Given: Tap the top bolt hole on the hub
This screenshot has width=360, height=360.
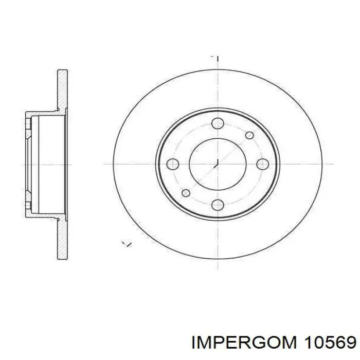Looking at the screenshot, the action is (x=218, y=123).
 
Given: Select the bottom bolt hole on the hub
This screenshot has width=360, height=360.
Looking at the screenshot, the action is (x=218, y=205).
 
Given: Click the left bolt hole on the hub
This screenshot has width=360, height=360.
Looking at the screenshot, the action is (x=173, y=164).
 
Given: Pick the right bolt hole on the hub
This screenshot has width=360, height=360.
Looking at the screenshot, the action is (x=263, y=164).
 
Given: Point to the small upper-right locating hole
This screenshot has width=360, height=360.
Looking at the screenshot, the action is (x=249, y=135).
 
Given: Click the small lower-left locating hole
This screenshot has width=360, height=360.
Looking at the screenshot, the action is (x=186, y=193).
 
